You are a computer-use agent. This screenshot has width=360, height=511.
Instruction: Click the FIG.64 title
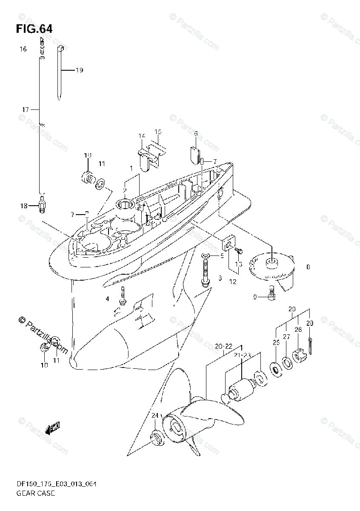(34, 29)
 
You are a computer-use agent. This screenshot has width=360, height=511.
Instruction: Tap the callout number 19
(79, 70)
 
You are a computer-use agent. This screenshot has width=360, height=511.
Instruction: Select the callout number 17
(25, 109)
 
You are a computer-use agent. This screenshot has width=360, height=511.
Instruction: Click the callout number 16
(23, 49)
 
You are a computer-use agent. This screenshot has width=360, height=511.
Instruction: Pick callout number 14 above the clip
(142, 136)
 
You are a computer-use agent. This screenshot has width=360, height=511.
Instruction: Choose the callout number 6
(196, 134)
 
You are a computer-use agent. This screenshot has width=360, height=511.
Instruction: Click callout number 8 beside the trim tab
(308, 267)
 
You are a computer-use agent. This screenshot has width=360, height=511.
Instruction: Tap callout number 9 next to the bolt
(255, 297)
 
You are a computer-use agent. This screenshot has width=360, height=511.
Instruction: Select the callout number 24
(154, 416)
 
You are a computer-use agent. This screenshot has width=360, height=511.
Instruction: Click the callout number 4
(108, 299)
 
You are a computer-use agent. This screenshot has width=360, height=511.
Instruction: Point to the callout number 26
(298, 330)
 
